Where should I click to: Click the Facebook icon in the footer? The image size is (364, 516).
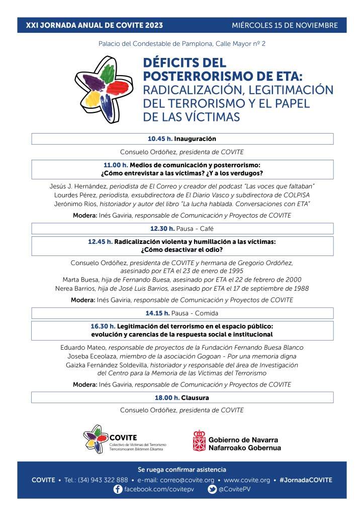[x=118, y=489]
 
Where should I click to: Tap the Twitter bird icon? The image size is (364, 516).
[x=212, y=489]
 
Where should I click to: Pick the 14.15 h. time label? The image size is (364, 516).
[x=157, y=313]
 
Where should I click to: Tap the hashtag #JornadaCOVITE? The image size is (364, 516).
[x=306, y=480]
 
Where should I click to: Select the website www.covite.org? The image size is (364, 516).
[x=247, y=480]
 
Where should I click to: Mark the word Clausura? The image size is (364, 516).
[x=195, y=398]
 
